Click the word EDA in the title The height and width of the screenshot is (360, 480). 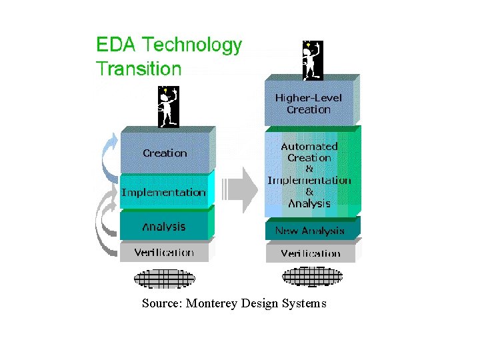[115, 44]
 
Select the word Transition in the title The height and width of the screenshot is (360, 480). [139, 68]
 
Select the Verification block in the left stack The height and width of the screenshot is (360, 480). [165, 251]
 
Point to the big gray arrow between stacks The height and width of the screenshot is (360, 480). [240, 190]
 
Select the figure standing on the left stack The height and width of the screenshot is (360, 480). [169, 107]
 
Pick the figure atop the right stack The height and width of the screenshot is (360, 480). [313, 61]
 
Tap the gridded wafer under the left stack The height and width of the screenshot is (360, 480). [165, 279]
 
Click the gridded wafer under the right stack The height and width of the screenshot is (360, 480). [312, 277]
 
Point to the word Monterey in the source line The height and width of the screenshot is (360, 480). [211, 303]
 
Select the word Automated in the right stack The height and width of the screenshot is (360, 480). [309, 147]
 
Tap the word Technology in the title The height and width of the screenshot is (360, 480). [192, 45]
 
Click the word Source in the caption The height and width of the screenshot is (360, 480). [162, 303]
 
